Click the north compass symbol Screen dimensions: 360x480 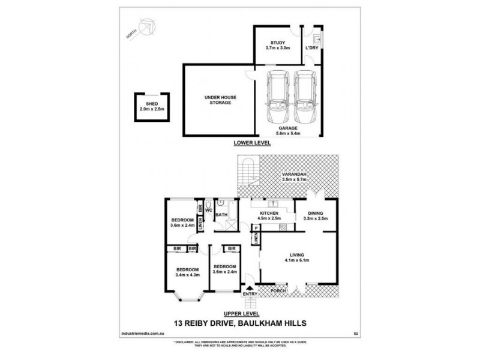[146, 27]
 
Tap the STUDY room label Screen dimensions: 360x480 [278, 42]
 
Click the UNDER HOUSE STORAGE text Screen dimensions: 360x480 [218, 99]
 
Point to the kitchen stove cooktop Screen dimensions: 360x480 [283, 226]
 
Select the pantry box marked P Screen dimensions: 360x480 [256, 228]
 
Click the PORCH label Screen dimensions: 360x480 [278, 292]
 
